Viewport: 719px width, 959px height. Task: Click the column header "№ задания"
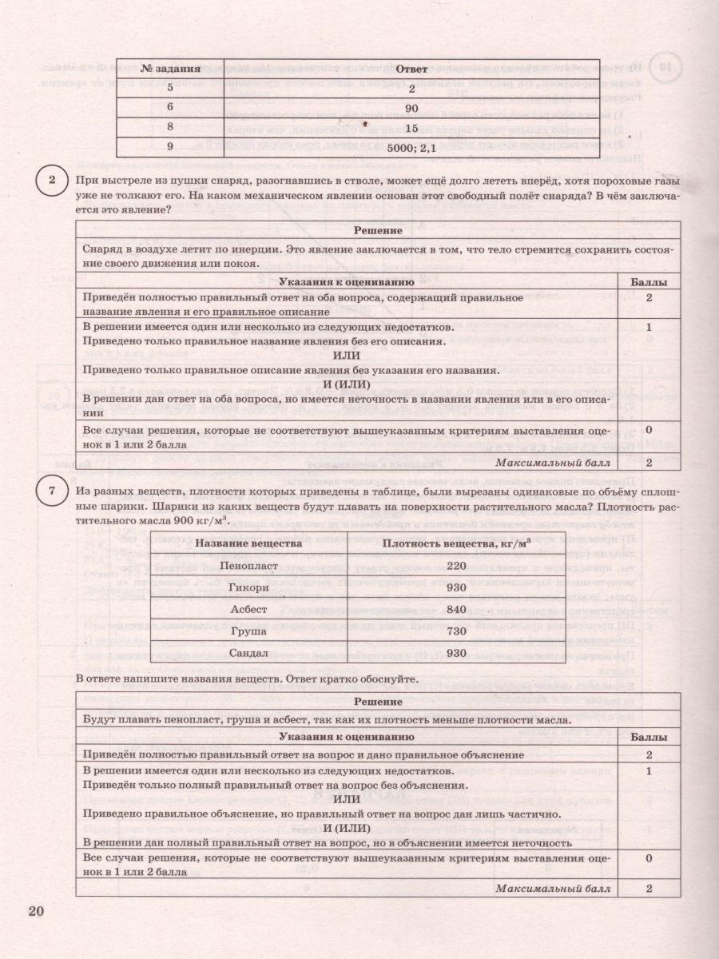click(x=169, y=69)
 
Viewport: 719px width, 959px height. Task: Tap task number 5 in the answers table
click(x=169, y=89)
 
